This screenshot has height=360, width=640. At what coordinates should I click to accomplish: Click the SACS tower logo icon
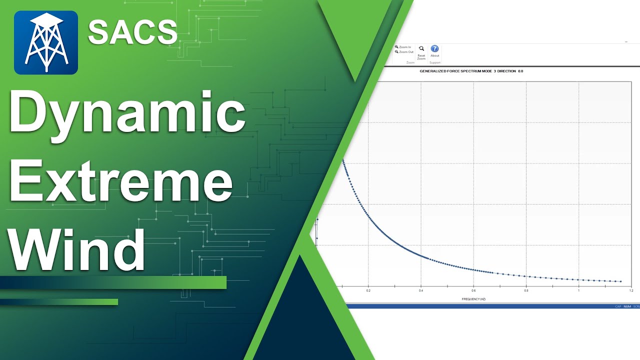(x=46, y=42)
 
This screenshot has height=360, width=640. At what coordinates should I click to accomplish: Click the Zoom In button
(x=403, y=47)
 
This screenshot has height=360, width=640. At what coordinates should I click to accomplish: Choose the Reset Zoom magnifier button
(x=421, y=52)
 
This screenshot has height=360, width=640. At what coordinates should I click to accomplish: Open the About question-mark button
(x=434, y=51)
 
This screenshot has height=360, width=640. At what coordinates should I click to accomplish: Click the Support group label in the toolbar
(x=434, y=62)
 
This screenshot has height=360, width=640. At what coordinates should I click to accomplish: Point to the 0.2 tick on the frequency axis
(x=368, y=290)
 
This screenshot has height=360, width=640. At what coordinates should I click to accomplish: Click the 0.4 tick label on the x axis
(x=421, y=290)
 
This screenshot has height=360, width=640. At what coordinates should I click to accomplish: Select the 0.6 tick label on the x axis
(x=473, y=290)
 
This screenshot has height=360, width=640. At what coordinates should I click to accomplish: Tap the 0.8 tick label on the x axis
(x=526, y=290)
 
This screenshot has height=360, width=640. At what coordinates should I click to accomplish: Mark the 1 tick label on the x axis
(x=578, y=290)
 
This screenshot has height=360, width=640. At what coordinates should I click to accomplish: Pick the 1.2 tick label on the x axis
(x=631, y=290)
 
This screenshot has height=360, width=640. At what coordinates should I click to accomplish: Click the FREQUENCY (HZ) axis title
(x=473, y=299)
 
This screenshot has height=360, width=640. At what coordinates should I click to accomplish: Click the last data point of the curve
(x=620, y=281)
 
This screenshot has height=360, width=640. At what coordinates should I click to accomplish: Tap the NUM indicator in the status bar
(x=627, y=306)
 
